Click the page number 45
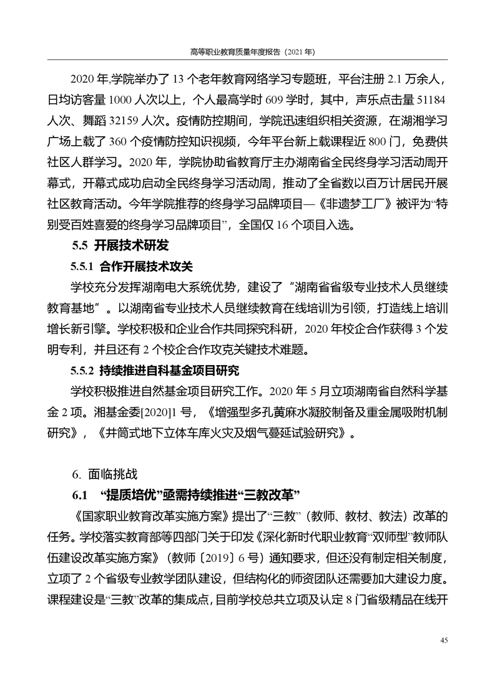point(444,640)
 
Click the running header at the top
point(247,53)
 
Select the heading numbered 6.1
point(187,495)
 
